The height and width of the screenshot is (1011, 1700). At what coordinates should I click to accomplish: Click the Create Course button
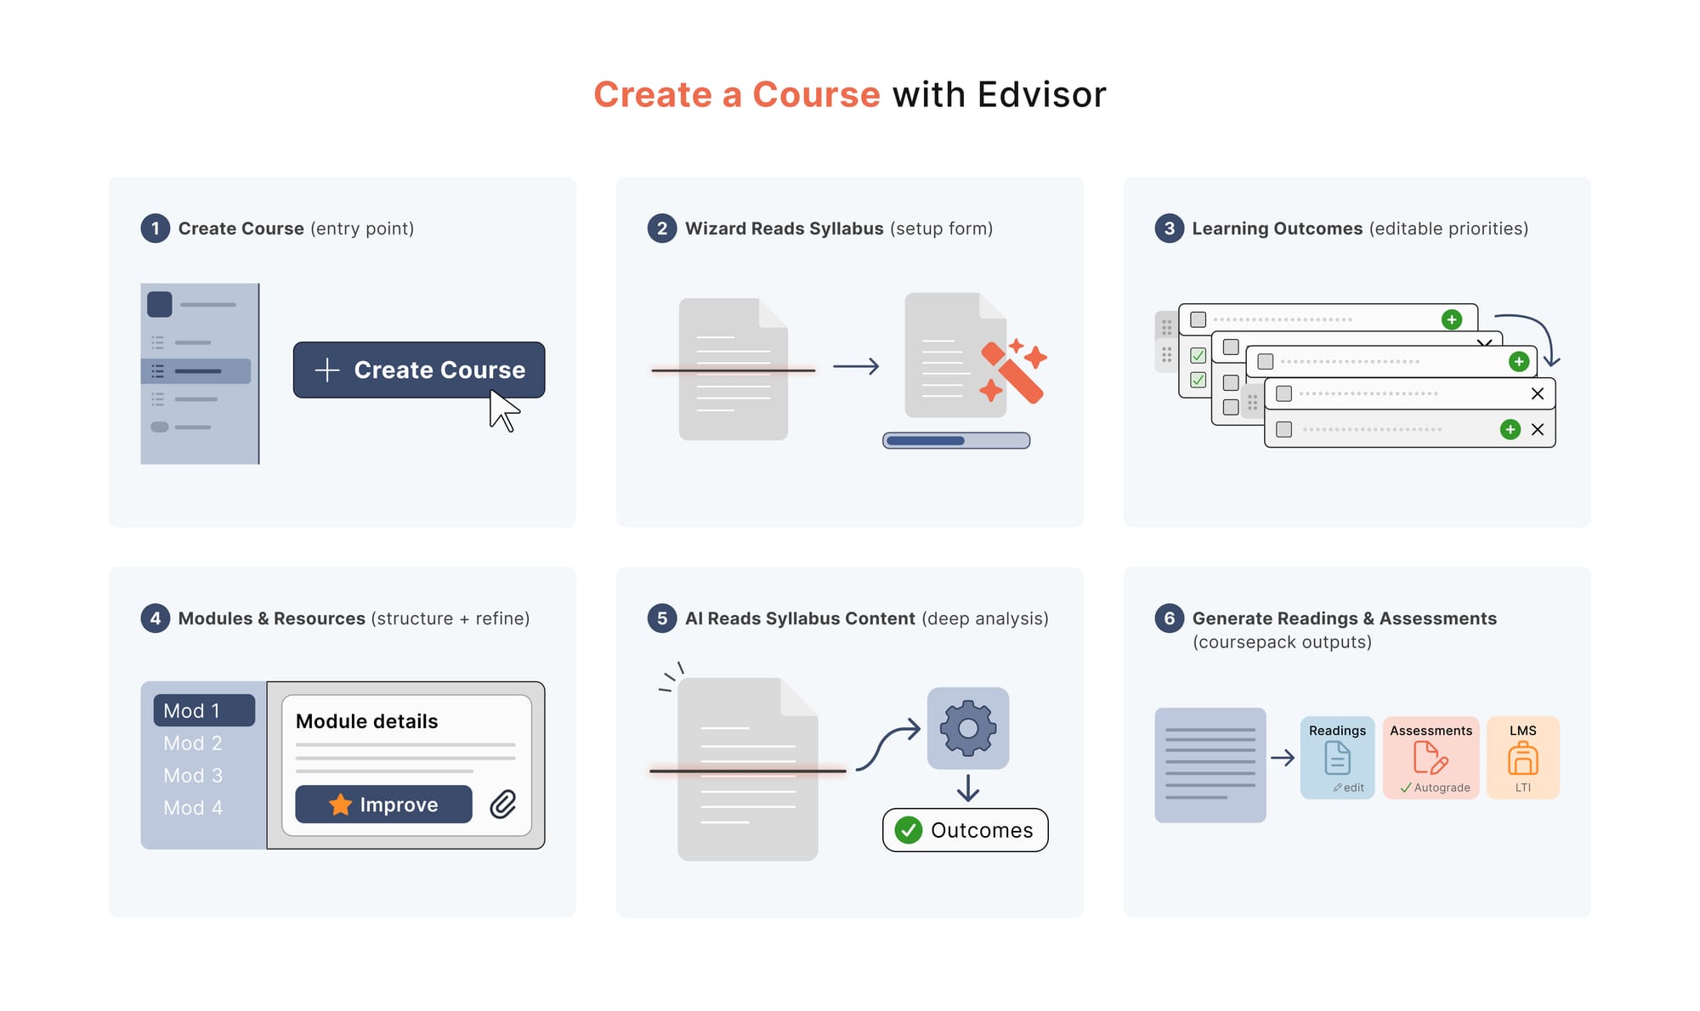coord(418,370)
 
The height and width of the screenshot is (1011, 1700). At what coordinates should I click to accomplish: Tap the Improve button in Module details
coord(383,804)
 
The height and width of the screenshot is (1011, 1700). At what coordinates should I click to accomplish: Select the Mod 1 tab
coord(204,710)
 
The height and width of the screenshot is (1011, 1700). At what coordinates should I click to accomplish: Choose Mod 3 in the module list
coord(193,776)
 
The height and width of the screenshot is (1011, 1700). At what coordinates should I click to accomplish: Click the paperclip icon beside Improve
coord(503,804)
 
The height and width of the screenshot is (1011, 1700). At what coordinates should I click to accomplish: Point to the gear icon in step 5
coord(968,728)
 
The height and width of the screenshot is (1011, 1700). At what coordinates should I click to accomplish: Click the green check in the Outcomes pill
coord(909,830)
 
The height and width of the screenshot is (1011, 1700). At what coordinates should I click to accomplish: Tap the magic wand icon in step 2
coord(1013,372)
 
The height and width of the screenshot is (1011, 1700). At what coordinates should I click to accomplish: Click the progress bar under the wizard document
coord(956,440)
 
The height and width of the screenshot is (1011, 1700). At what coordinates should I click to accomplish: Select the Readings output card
coord(1337,757)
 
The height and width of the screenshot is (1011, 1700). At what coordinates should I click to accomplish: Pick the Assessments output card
coord(1431,757)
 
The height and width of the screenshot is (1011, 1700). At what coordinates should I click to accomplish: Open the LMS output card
coord(1522,757)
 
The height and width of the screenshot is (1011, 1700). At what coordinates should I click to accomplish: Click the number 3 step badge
coord(1169,229)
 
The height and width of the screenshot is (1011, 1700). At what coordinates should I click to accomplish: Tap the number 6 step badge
coord(1169,618)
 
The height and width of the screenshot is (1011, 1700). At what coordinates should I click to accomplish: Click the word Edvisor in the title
coord(1041,94)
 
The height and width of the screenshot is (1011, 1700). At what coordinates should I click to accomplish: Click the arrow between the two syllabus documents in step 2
coord(856,366)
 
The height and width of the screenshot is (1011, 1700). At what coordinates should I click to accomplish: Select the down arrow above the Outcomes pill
coord(968,788)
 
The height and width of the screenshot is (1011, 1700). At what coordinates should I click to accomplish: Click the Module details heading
coord(366,721)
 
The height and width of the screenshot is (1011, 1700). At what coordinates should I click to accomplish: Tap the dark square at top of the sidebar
coord(160,304)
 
